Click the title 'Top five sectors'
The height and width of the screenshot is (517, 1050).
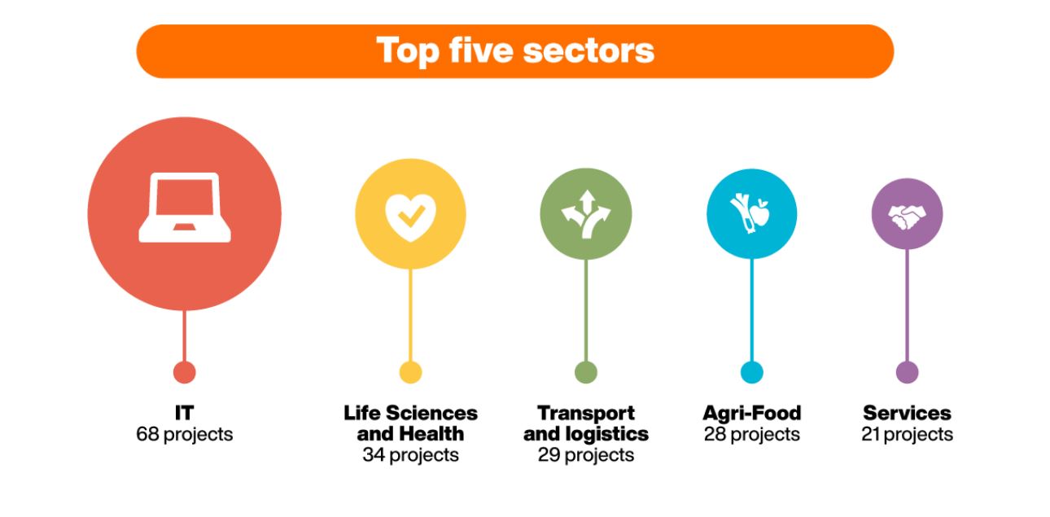coord(515,50)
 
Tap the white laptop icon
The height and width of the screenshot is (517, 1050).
coord(185,208)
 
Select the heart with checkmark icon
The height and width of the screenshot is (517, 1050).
coord(410,217)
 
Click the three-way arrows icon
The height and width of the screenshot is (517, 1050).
coord(586,213)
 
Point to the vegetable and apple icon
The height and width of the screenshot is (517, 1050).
coord(750,213)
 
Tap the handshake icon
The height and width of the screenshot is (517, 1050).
coord(907,217)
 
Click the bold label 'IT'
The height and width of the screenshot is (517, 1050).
coord(184,413)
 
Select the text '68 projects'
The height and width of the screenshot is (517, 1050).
coord(184,435)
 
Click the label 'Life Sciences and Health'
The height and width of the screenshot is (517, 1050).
coord(410,423)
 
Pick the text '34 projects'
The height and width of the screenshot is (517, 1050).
coord(410,455)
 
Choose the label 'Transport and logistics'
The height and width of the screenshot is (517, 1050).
coord(586,423)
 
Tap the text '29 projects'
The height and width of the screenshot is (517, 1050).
coord(586,455)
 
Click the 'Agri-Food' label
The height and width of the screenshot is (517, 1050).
coord(752,413)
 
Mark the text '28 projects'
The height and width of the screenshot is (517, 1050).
coord(752,435)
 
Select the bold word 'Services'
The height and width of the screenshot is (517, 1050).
coord(907,413)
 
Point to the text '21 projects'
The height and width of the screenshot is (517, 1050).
coord(907,435)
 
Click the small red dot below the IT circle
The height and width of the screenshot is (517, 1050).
coord(184,372)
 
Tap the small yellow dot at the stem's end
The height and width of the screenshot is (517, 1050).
coord(410,372)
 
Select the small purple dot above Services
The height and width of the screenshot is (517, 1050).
coord(907,372)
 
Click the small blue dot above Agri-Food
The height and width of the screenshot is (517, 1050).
coord(752,372)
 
